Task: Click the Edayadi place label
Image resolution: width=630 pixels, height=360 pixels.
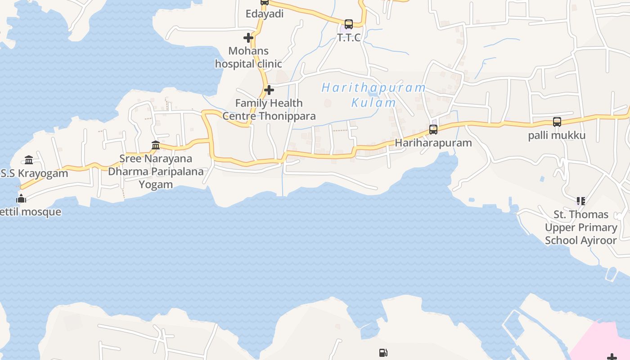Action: pyautogui.click(x=265, y=14)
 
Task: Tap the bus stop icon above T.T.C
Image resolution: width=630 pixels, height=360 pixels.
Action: pyautogui.click(x=349, y=24)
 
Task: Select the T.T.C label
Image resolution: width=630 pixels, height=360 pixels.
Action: pyautogui.click(x=349, y=37)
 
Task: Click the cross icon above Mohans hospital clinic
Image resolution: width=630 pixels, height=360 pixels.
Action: pyautogui.click(x=248, y=38)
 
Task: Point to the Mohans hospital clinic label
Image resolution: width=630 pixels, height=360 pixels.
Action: pyautogui.click(x=248, y=57)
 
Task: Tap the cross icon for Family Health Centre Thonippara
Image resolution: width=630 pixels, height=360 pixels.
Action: pyautogui.click(x=269, y=90)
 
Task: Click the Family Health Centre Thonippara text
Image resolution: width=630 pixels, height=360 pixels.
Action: pyautogui.click(x=269, y=109)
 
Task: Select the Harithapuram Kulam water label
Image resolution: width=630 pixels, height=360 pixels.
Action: pyautogui.click(x=373, y=95)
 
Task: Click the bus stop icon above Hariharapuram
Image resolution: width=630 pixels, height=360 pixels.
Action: pyautogui.click(x=433, y=130)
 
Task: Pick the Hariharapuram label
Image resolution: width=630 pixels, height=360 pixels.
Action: pyautogui.click(x=433, y=143)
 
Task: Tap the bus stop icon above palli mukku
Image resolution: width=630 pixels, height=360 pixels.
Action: pyautogui.click(x=557, y=122)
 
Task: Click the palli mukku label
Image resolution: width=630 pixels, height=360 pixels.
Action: pyautogui.click(x=557, y=135)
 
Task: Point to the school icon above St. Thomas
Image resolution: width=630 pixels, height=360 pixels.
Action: pyautogui.click(x=581, y=201)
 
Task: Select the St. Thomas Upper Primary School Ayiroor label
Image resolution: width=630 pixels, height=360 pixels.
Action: pyautogui.click(x=581, y=227)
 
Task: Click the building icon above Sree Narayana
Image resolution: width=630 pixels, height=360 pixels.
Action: pyautogui.click(x=156, y=145)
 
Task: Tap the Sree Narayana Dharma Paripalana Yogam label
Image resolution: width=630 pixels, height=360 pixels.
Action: pyautogui.click(x=156, y=171)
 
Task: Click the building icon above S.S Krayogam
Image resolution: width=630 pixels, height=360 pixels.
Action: pyautogui.click(x=29, y=160)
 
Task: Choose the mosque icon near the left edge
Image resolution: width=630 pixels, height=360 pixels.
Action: pyautogui.click(x=21, y=198)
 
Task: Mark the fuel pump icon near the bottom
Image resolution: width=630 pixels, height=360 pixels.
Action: pyautogui.click(x=383, y=353)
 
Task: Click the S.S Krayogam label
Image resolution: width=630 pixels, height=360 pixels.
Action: pyautogui.click(x=34, y=173)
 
